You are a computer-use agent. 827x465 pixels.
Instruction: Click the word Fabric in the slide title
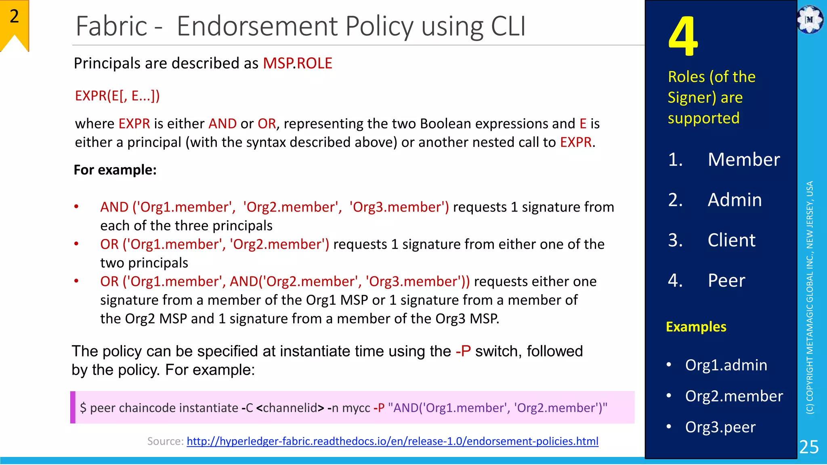tap(111, 26)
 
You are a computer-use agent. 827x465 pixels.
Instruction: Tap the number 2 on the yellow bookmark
tap(14, 17)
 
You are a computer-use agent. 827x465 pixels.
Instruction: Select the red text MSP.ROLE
tap(297, 63)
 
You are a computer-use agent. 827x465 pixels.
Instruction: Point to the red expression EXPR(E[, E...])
tap(117, 96)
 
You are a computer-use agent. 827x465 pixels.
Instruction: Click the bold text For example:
tap(115, 170)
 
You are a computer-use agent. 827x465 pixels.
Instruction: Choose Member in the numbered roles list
tap(743, 159)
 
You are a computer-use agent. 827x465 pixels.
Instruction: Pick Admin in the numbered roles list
tap(735, 200)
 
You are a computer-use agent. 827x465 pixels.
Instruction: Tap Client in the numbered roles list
tap(731, 240)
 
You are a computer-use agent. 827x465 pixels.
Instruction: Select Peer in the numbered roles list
tap(726, 281)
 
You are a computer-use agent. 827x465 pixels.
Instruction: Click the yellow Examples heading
tap(696, 327)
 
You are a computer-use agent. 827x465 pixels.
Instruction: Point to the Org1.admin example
tap(726, 365)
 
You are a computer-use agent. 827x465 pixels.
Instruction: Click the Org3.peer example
tap(720, 427)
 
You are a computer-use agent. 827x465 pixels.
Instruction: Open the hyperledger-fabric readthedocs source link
tap(392, 441)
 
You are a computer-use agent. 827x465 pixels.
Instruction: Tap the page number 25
tap(809, 447)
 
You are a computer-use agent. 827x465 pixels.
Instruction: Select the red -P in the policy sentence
tap(463, 351)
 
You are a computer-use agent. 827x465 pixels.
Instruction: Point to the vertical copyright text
tap(810, 297)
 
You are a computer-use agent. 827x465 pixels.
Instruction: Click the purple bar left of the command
tap(73, 407)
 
